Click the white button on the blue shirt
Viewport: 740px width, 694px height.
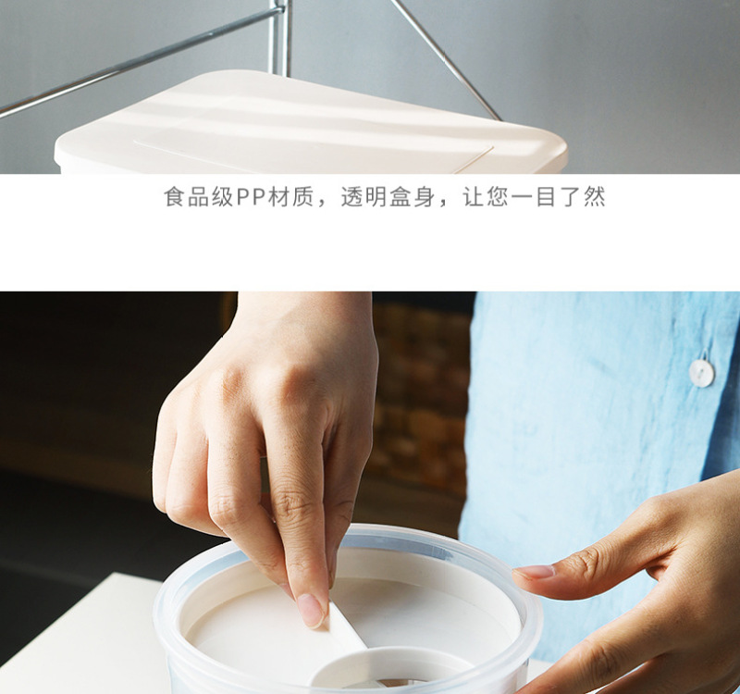point(702,373)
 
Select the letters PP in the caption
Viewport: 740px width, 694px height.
point(251,197)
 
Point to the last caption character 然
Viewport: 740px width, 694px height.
point(594,197)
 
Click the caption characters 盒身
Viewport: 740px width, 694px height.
point(411,197)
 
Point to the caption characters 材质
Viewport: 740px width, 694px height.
point(290,197)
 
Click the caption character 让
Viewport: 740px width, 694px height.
point(473,197)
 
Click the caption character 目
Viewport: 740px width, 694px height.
point(546,197)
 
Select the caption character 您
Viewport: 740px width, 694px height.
point(498,197)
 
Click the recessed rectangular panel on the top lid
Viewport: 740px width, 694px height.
point(312,154)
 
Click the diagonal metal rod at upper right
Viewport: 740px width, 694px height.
point(446,59)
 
